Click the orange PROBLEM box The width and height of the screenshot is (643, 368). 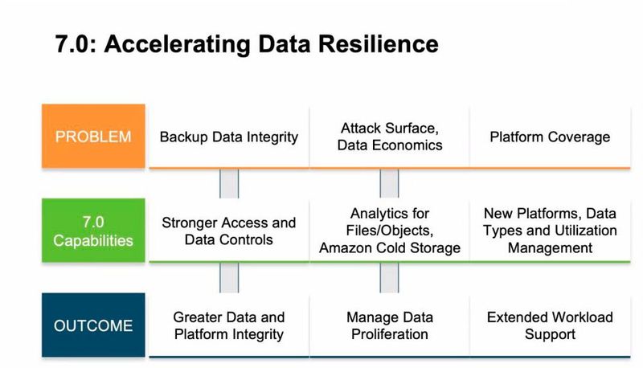tap(93, 136)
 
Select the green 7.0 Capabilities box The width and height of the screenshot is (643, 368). tap(93, 230)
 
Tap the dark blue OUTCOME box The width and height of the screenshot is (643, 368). tap(93, 326)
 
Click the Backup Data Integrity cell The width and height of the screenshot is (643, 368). tap(229, 137)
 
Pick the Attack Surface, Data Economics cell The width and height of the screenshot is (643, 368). tap(390, 137)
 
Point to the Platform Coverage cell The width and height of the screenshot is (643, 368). tap(550, 137)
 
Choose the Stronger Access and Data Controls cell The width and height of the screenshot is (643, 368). tap(229, 231)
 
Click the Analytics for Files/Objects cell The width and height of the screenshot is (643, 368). tap(390, 231)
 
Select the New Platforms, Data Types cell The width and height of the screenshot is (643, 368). tap(550, 231)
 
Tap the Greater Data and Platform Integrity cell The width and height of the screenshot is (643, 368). tap(229, 325)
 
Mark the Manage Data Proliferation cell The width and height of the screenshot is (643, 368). tap(390, 325)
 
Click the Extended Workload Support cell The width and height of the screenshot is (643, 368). tap(550, 325)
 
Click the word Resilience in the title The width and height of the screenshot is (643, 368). tap(377, 43)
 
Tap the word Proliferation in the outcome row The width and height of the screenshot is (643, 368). tap(390, 334)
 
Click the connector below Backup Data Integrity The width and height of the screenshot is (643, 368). tap(229, 183)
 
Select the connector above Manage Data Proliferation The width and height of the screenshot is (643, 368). tap(390, 277)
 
